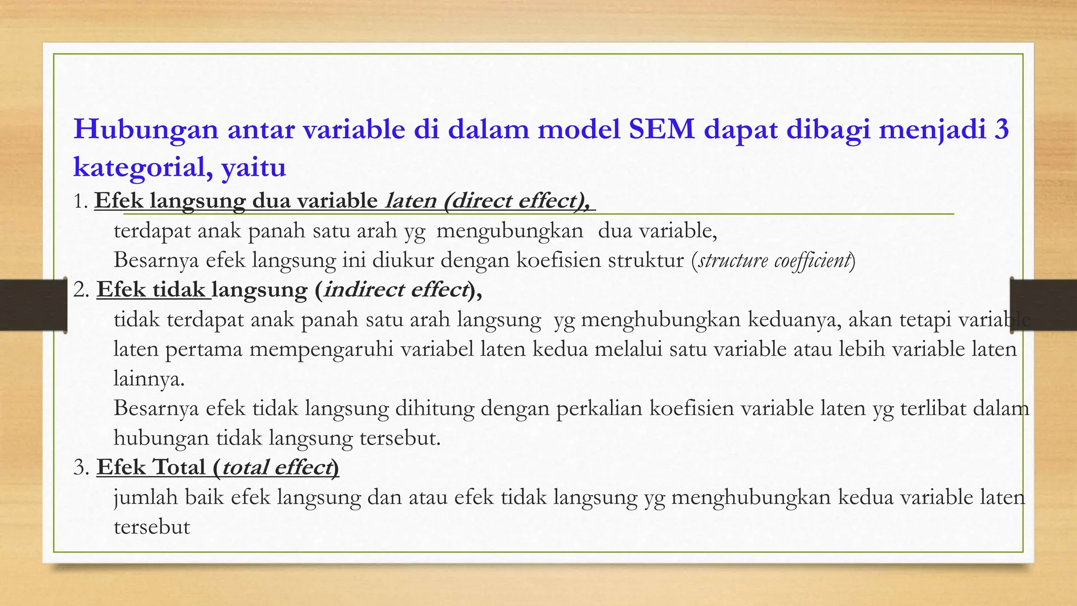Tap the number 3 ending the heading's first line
pos(1001,129)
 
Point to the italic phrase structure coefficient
pos(774,260)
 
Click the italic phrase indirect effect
pos(395,290)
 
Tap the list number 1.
pos(79,201)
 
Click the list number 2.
pos(80,290)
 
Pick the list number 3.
pos(80,467)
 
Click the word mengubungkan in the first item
pos(510,231)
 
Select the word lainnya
pos(148,379)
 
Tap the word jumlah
pos(146,498)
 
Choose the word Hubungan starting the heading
pos(146,129)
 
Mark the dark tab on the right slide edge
pos(1044,305)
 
